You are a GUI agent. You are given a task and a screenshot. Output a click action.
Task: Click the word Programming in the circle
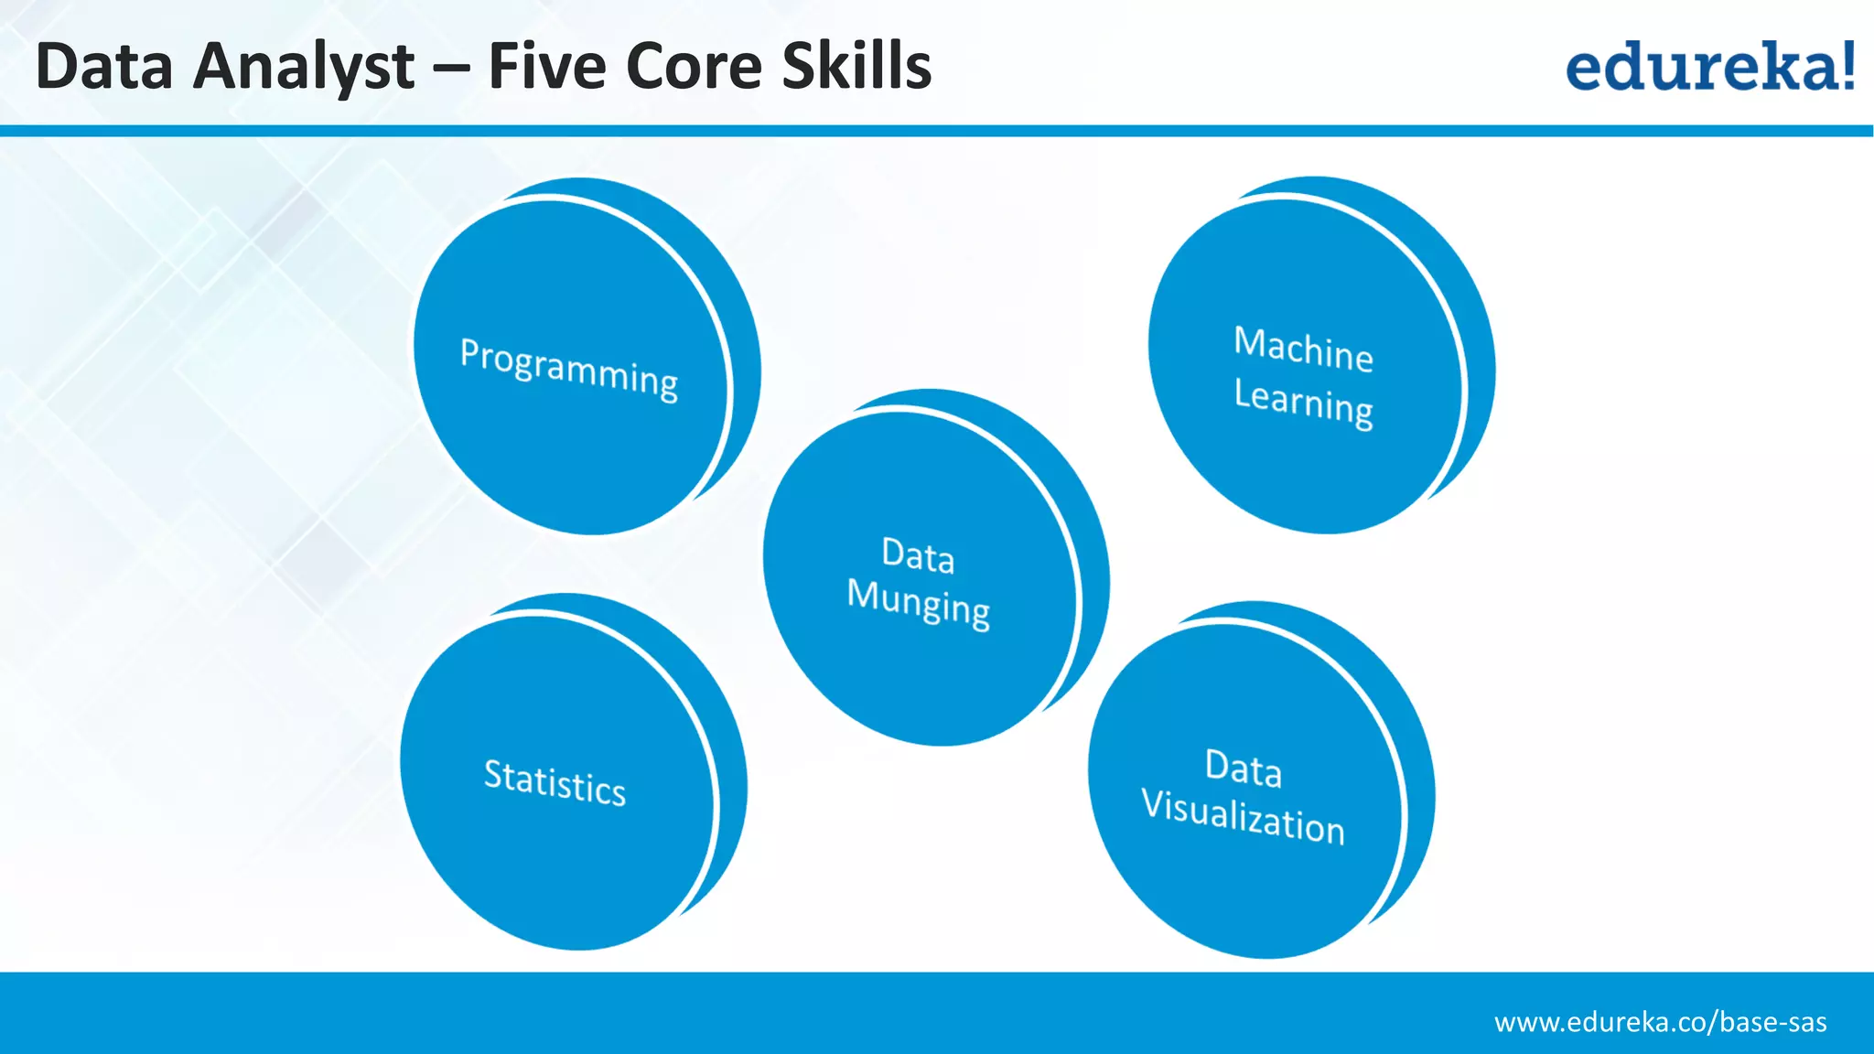568,368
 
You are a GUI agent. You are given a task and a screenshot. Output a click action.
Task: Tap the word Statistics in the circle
555,782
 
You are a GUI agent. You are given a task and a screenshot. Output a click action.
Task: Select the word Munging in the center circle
918,603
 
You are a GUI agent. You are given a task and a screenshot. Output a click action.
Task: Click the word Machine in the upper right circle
1303,349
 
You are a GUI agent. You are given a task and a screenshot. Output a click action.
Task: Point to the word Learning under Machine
1303,403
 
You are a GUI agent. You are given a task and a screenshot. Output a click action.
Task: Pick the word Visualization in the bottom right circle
1243,817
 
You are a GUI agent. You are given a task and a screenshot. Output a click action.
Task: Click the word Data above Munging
918,555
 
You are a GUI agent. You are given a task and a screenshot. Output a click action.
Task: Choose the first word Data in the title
103,67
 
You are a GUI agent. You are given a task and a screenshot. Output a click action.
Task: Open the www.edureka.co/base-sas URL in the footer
1660,1022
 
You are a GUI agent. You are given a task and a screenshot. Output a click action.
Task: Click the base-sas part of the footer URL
1772,1022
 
